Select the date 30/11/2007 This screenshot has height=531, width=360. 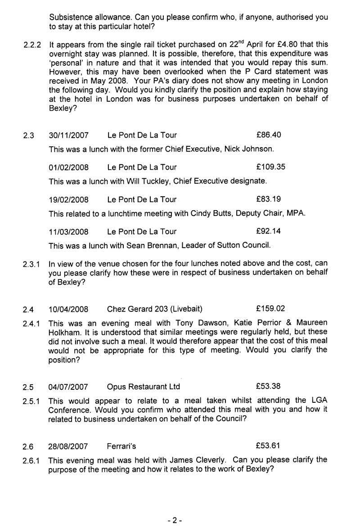(x=68, y=135)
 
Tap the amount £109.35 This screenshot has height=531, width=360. (x=270, y=167)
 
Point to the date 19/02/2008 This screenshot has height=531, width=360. (x=68, y=199)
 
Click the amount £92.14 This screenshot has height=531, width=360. (x=269, y=231)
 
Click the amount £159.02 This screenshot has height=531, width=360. (x=270, y=309)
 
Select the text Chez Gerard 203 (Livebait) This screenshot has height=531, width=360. (x=155, y=309)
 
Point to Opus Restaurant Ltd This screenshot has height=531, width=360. (x=144, y=387)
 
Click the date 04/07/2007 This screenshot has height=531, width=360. (x=68, y=387)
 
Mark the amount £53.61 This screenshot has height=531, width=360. (x=268, y=446)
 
